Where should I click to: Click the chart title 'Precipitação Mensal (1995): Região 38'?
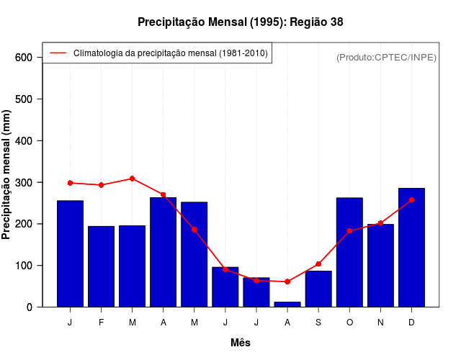click(x=240, y=22)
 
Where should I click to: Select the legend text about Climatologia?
click(x=171, y=53)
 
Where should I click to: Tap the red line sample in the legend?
click(x=58, y=53)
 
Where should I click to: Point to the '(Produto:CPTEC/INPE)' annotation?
click(x=386, y=58)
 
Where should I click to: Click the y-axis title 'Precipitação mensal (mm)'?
click(x=7, y=175)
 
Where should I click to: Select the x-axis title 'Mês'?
click(x=241, y=343)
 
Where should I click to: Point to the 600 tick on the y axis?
click(x=25, y=58)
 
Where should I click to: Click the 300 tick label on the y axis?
click(x=25, y=183)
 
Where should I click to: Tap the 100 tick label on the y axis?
click(x=25, y=266)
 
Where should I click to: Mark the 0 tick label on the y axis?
click(x=30, y=307)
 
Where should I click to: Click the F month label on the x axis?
click(x=102, y=323)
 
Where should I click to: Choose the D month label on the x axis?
click(x=411, y=323)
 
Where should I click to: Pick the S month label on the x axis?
click(x=318, y=323)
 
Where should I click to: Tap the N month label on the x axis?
click(x=380, y=323)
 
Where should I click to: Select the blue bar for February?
click(x=102, y=266)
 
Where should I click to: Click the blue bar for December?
click(x=411, y=248)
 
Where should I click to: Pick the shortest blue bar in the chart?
click(x=287, y=304)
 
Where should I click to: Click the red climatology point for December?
click(x=411, y=199)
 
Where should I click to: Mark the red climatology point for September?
click(x=318, y=264)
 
